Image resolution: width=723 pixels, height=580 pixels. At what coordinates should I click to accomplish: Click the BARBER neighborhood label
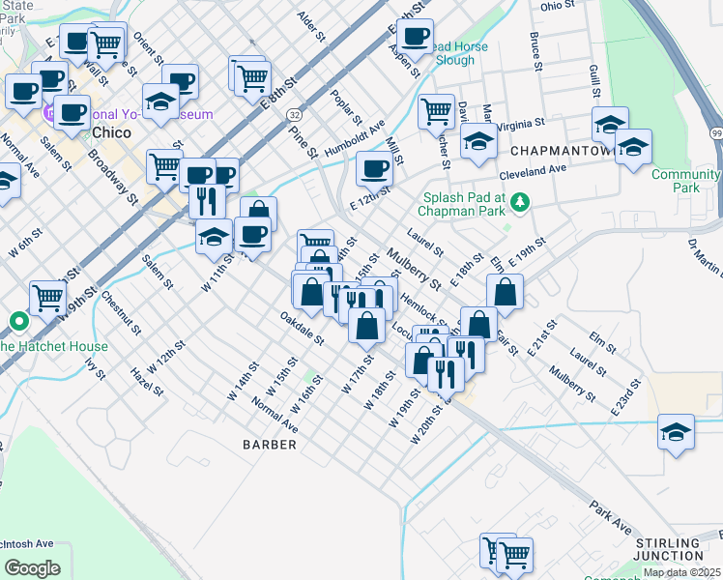(271, 444)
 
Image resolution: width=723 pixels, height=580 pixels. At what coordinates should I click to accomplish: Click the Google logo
(32, 567)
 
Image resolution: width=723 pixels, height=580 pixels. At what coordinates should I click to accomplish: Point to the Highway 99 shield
(715, 132)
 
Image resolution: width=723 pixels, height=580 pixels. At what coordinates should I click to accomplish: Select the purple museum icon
(49, 114)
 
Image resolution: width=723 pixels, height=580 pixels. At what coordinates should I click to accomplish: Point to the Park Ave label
(609, 517)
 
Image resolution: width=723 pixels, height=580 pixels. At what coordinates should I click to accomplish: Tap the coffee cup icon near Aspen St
(415, 36)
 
